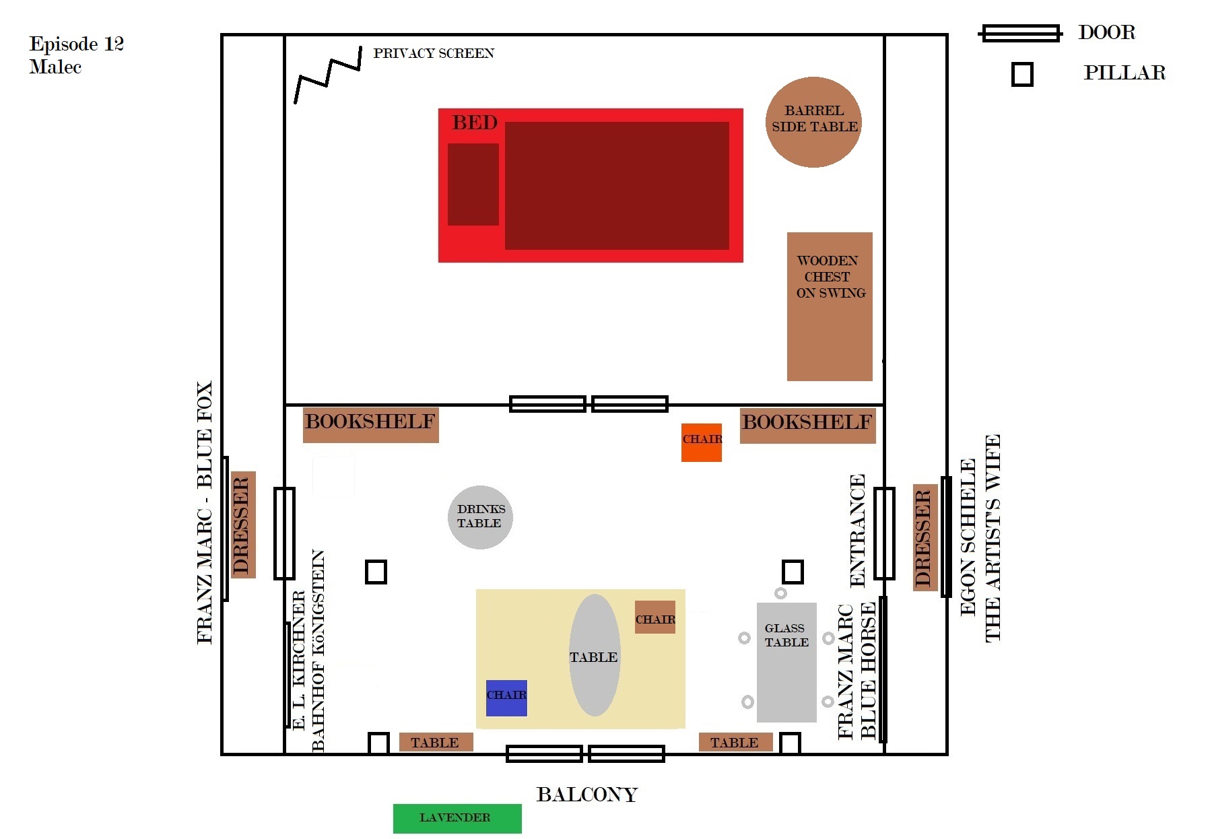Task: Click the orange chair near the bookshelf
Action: click(701, 442)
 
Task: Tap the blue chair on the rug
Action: click(506, 698)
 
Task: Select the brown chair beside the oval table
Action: click(655, 617)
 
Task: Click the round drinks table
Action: click(480, 517)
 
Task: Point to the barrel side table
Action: click(813, 122)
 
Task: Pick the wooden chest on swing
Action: click(830, 306)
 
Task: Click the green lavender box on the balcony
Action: click(457, 818)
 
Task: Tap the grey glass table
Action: click(786, 662)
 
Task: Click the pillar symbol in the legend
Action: click(1022, 74)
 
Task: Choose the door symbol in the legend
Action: click(1021, 33)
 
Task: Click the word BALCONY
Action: click(586, 795)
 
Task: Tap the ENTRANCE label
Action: click(857, 531)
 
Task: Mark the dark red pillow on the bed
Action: click(473, 184)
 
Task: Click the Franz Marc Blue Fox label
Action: click(205, 512)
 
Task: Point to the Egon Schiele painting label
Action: click(980, 538)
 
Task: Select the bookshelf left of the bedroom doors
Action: click(370, 424)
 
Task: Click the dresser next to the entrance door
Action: click(925, 537)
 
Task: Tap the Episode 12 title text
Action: click(76, 55)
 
